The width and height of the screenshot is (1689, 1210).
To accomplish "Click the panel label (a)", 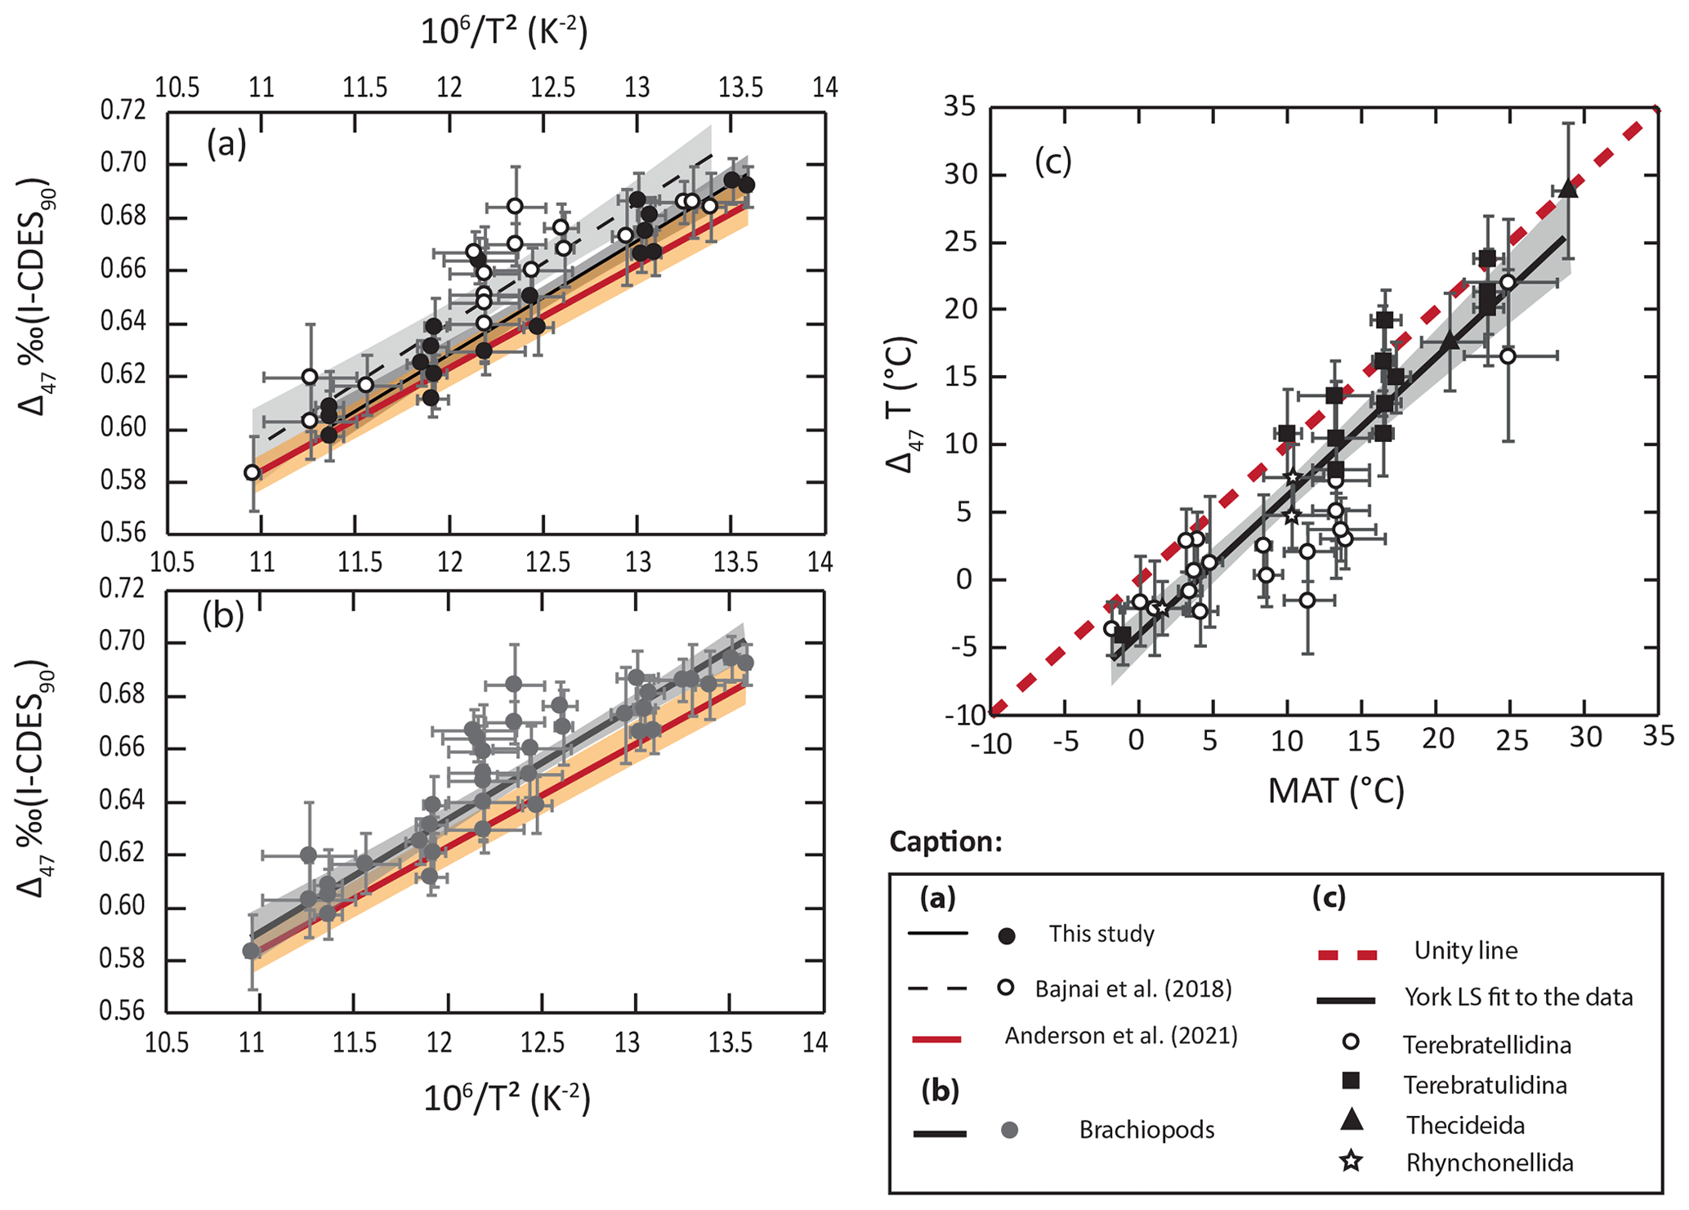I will click(x=226, y=145).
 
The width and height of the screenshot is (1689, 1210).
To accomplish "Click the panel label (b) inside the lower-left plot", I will click(x=223, y=615).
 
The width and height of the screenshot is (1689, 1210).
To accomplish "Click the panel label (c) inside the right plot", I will click(x=1052, y=162).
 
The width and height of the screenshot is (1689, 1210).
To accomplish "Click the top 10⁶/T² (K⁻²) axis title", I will click(x=504, y=32).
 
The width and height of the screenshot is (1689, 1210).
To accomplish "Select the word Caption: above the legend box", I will click(x=945, y=842).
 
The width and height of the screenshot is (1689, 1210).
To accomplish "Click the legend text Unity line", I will click(x=1465, y=951).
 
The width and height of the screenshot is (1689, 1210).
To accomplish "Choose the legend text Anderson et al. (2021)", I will click(x=1121, y=1036).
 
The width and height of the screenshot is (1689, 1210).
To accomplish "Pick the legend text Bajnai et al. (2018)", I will click(x=1133, y=989).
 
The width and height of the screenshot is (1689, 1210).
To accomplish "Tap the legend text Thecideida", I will click(x=1465, y=1125).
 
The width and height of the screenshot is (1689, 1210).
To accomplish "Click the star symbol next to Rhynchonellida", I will click(x=1352, y=1161).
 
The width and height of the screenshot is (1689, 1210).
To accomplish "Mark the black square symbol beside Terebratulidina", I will click(x=1352, y=1082).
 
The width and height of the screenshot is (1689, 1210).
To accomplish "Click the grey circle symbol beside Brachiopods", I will click(x=1009, y=1131).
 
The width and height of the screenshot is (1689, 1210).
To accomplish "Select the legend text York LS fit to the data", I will click(x=1518, y=997).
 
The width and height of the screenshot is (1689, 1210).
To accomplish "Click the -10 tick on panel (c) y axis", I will click(x=961, y=716).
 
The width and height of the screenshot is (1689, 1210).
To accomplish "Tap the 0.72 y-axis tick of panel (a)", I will click(x=123, y=110).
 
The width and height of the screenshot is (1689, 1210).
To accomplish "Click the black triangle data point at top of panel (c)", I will click(x=1567, y=189).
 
